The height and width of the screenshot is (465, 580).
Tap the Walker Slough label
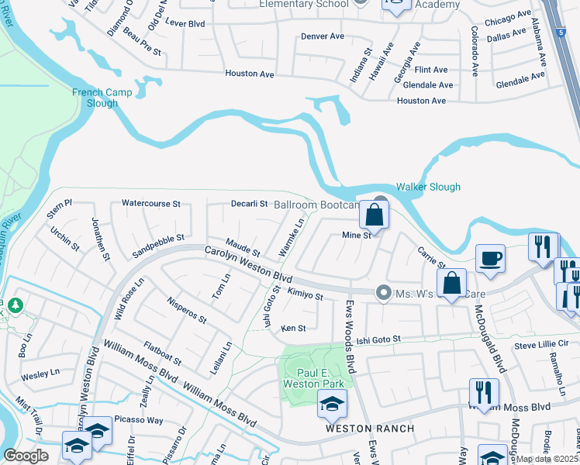(428, 187)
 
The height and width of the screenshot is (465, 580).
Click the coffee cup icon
(491, 259)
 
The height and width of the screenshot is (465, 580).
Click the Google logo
(26, 456)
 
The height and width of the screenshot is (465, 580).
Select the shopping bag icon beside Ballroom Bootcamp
(374, 218)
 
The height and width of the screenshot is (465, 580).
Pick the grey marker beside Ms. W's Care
(381, 292)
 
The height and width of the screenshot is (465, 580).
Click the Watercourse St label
(150, 204)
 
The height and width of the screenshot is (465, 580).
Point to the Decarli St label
(249, 204)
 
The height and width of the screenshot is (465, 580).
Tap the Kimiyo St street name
(304, 295)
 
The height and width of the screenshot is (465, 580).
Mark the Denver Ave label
(322, 36)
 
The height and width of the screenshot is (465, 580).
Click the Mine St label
(357, 234)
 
